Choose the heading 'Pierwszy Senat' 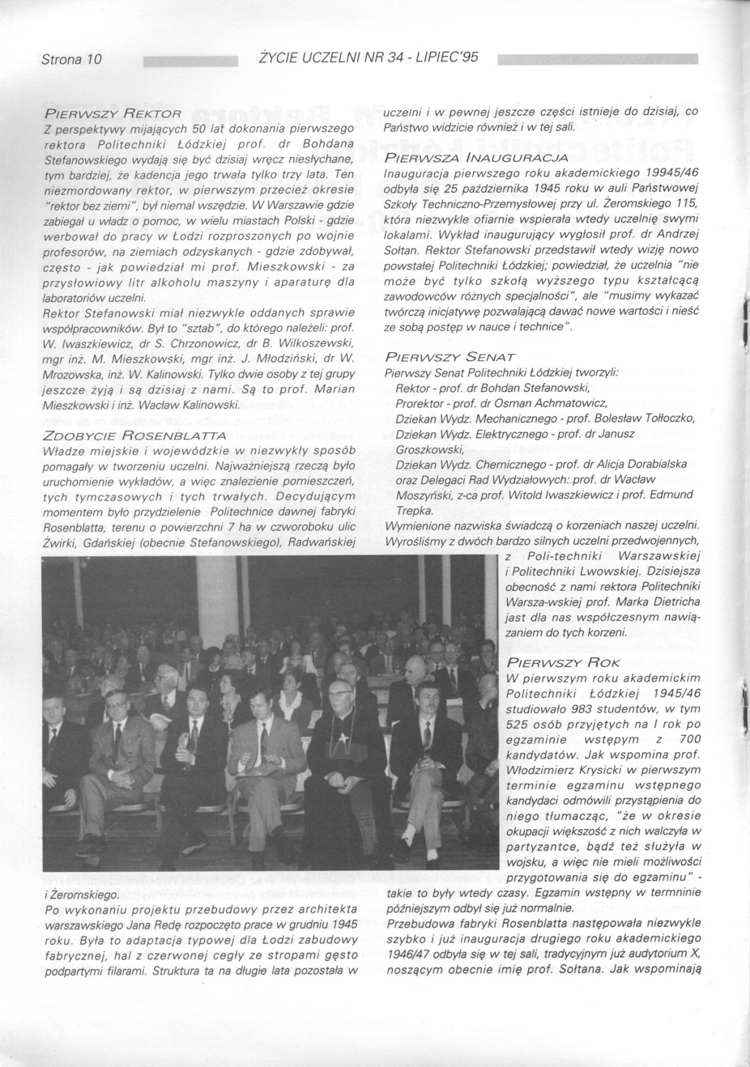pyautogui.click(x=450, y=357)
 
